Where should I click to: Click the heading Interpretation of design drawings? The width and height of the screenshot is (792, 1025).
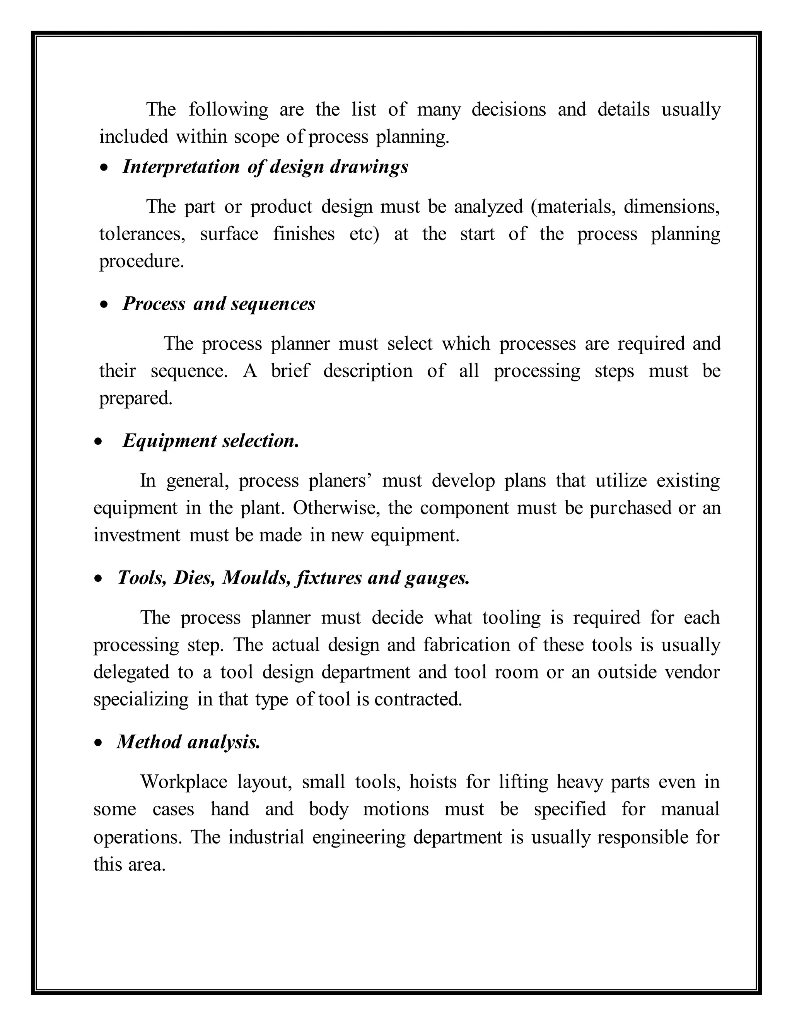point(265,167)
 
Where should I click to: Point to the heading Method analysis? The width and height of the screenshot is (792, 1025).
point(188,742)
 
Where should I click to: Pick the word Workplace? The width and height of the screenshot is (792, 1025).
point(183,782)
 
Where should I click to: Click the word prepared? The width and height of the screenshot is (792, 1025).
point(136,398)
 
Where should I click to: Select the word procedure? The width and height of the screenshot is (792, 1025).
point(141,261)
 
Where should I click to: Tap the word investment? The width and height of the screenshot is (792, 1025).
point(137,535)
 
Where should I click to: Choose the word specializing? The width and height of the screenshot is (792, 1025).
point(141,700)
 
